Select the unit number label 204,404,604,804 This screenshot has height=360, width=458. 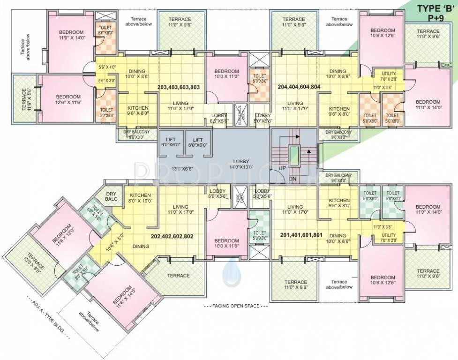coord(299,87)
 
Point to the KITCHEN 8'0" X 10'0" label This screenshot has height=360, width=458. coord(140,197)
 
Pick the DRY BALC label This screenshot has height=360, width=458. coord(111,196)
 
